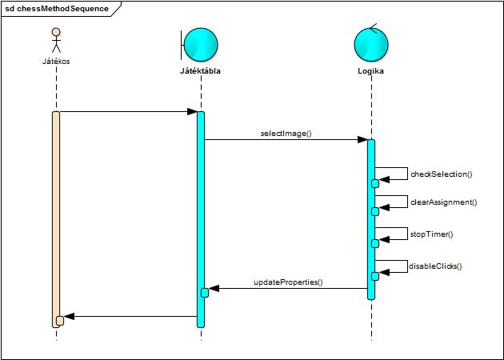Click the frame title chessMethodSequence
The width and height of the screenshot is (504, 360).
(57, 9)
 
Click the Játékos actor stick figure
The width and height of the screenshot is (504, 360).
(56, 41)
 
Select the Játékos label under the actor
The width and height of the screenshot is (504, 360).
(56, 61)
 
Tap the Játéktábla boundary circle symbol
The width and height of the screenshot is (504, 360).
(200, 44)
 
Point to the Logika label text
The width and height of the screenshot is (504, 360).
(371, 71)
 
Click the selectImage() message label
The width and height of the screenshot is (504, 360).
(286, 134)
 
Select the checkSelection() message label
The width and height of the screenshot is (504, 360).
(441, 174)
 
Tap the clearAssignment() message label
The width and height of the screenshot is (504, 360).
(443, 202)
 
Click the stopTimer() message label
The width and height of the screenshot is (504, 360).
(431, 234)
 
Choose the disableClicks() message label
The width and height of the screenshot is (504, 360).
(435, 266)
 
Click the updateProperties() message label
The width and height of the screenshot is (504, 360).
(288, 282)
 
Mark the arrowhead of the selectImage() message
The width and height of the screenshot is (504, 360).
(363, 140)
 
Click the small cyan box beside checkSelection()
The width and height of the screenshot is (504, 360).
(374, 183)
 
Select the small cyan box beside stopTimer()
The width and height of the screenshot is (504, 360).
(374, 243)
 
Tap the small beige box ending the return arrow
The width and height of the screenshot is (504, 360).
(60, 320)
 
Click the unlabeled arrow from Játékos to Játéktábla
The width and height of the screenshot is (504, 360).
(128, 112)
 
